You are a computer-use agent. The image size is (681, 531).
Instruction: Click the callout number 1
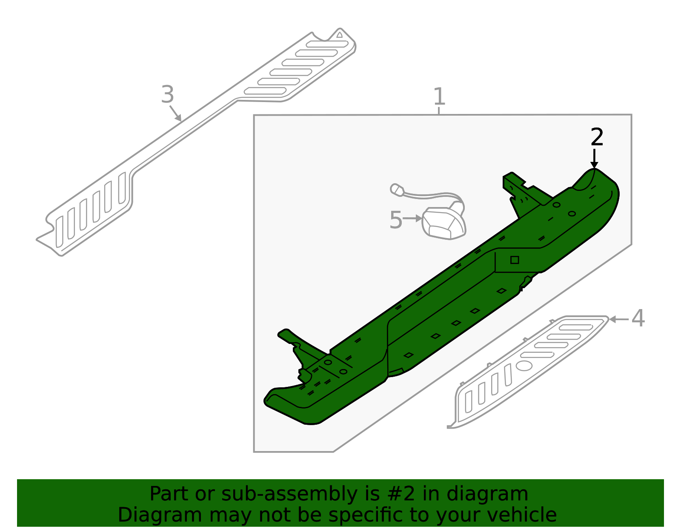click(x=439, y=97)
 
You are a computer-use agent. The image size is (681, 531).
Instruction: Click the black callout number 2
click(x=597, y=137)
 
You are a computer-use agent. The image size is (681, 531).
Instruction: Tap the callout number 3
click(x=167, y=94)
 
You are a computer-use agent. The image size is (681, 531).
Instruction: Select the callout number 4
click(x=638, y=318)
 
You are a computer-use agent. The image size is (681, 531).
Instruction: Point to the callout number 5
click(x=395, y=220)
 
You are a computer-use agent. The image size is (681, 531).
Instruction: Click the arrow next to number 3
click(x=176, y=114)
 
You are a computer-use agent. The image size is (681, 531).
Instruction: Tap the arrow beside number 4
click(x=619, y=319)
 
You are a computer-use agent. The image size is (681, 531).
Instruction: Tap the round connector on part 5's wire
click(x=397, y=189)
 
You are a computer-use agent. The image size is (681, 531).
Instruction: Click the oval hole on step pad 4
click(x=523, y=365)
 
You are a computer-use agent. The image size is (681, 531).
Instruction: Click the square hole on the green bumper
click(x=515, y=260)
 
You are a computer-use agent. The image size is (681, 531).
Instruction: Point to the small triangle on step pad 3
click(x=339, y=35)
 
